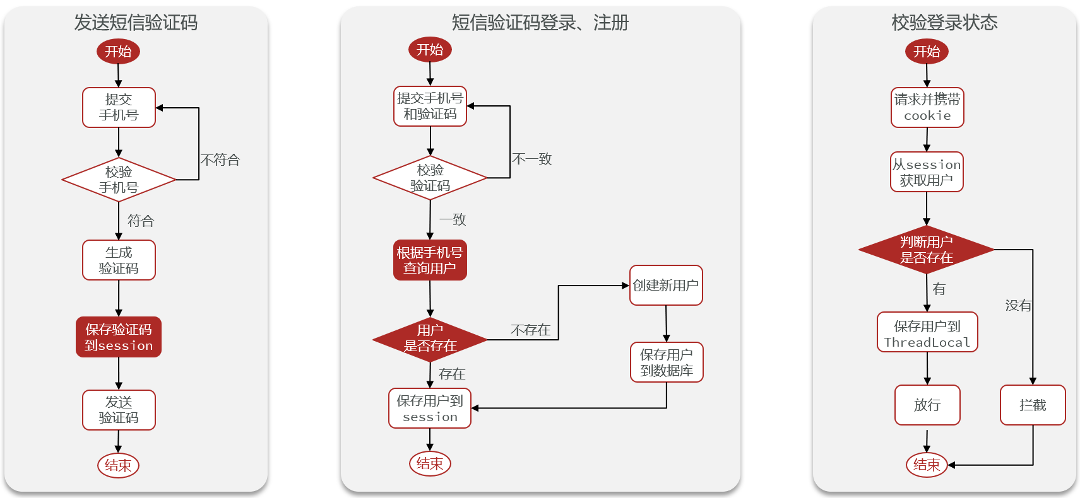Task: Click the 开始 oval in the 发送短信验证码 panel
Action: pos(118,51)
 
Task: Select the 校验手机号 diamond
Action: pos(119,180)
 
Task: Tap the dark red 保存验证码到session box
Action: pos(119,337)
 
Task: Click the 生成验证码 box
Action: pos(119,260)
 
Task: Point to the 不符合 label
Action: pos(220,160)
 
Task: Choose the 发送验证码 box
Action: pos(119,410)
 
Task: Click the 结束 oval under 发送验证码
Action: pos(118,465)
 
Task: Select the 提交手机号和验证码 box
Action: pos(430,106)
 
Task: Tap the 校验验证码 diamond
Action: pos(430,178)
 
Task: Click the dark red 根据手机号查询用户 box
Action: pos(430,260)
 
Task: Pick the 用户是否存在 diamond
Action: pos(430,339)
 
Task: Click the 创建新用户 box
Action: pos(666,286)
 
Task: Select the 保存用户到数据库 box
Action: pos(667,362)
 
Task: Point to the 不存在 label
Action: pos(530,330)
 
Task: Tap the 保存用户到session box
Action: pos(430,408)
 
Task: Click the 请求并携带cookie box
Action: pos(927,107)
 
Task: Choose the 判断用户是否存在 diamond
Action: pos(926,250)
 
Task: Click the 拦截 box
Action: pos(1033,405)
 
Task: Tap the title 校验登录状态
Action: pos(944,23)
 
